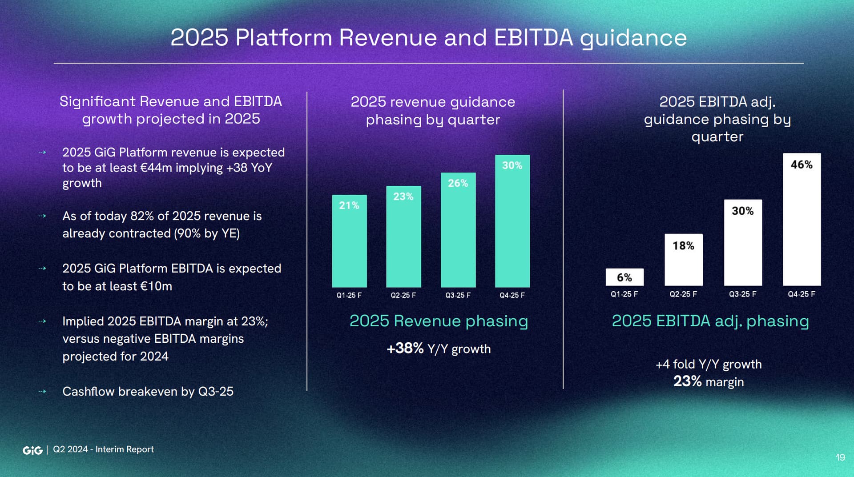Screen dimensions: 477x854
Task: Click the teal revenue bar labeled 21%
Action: pyautogui.click(x=349, y=242)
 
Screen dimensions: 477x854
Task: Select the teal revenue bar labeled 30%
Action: pyautogui.click(x=512, y=222)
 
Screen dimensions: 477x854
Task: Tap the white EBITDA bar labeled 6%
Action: pyautogui.click(x=624, y=277)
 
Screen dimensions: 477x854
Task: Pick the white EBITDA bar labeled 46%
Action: pyautogui.click(x=802, y=220)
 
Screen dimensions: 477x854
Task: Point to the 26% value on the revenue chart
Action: pyautogui.click(x=458, y=183)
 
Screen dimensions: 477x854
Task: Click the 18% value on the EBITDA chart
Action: pyautogui.click(x=683, y=246)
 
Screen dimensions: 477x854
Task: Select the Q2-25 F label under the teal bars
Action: pyautogui.click(x=403, y=295)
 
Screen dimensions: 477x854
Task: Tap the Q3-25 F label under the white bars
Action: pyautogui.click(x=742, y=294)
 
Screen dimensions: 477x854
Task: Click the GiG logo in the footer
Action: pyautogui.click(x=32, y=450)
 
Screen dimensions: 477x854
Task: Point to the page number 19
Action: pyautogui.click(x=840, y=457)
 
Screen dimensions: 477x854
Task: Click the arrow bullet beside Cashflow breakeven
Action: pyautogui.click(x=42, y=392)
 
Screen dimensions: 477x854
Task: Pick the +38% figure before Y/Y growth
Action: pyautogui.click(x=405, y=349)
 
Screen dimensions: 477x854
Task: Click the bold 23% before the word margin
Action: pyautogui.click(x=687, y=381)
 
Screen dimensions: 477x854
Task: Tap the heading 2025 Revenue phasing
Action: pyautogui.click(x=439, y=321)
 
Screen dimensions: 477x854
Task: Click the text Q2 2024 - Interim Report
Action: pyautogui.click(x=103, y=449)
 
